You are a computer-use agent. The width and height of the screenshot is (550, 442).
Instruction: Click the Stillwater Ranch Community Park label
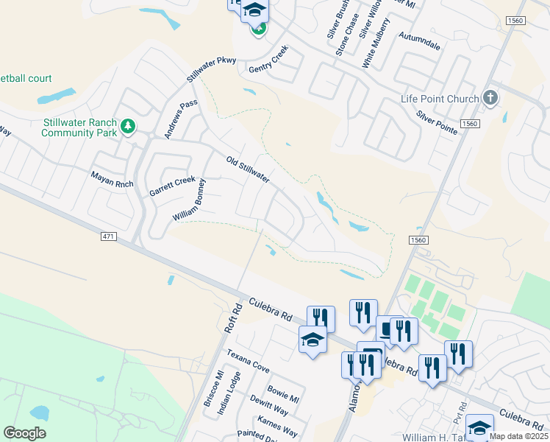point(79,127)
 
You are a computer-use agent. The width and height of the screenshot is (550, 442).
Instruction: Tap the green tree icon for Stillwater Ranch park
point(129,127)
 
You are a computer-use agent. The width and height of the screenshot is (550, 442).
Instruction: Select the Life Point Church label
point(440,99)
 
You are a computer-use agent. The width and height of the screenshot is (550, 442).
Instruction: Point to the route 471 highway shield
point(107,235)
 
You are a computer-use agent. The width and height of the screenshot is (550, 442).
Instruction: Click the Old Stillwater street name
point(248,169)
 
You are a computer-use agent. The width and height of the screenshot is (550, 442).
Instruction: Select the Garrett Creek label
point(173,186)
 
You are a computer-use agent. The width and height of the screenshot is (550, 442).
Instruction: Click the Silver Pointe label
point(437,122)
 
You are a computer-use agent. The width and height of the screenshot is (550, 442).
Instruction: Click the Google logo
point(24,432)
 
